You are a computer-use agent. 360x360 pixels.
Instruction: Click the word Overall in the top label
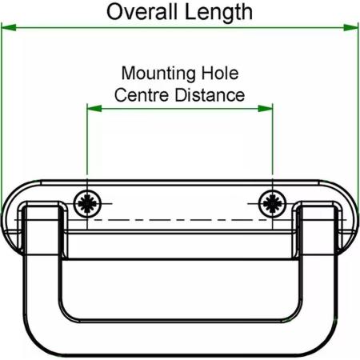(142, 12)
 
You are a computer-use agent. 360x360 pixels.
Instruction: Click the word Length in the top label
(218, 13)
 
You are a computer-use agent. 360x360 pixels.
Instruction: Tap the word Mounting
(158, 74)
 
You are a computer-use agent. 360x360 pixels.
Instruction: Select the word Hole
(219, 73)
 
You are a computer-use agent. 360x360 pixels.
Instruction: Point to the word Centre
(142, 95)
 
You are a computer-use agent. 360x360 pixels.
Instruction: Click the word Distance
(210, 95)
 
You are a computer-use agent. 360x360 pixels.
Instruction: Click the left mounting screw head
(87, 204)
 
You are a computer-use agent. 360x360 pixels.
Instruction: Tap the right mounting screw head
(272, 204)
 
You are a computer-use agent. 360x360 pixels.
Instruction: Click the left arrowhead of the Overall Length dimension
(9, 27)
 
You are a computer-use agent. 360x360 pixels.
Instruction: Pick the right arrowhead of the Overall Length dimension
(350, 27)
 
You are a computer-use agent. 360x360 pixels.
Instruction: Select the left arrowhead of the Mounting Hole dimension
(94, 109)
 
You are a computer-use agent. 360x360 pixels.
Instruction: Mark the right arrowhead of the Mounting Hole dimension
(266, 109)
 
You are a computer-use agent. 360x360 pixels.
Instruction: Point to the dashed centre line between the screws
(180, 220)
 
